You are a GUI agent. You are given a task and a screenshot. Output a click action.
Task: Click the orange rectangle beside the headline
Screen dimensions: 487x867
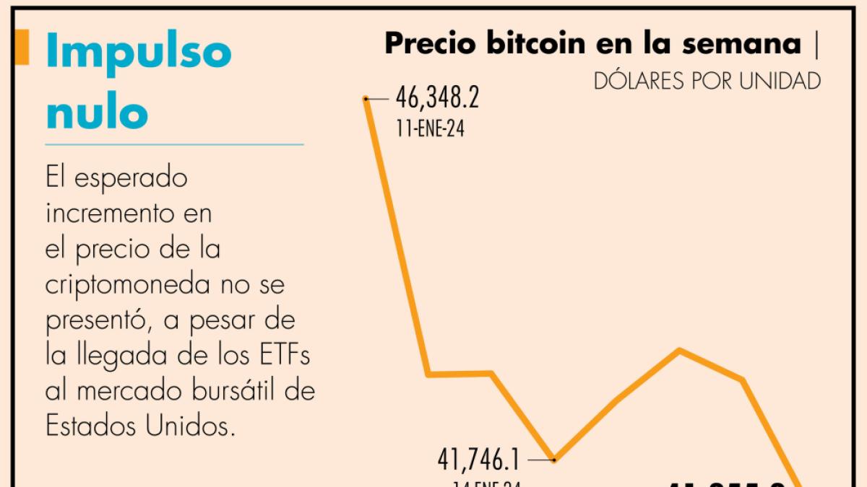[x=22, y=48]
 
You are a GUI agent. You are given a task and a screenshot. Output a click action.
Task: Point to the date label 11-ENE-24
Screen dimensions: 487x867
[x=430, y=130]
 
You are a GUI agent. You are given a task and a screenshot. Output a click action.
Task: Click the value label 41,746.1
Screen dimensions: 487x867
[x=479, y=459]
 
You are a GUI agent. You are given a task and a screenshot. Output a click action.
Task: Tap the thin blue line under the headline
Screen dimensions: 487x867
[x=174, y=144]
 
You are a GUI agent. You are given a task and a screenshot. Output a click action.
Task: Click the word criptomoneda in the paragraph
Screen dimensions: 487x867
[x=134, y=285]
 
